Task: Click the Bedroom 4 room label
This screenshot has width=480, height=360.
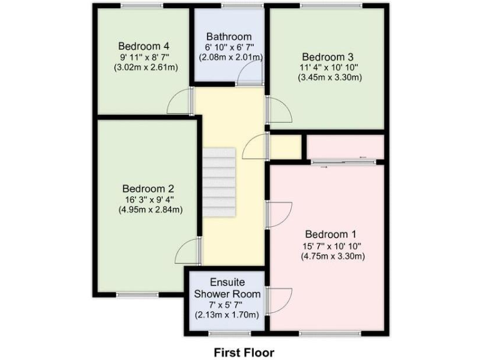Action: pyautogui.click(x=144, y=46)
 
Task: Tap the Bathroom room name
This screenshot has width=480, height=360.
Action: pyautogui.click(x=229, y=36)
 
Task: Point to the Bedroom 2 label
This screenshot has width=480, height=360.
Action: pyautogui.click(x=148, y=188)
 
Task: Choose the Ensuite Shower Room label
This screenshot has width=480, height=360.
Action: pyautogui.click(x=226, y=288)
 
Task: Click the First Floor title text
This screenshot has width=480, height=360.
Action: pyautogui.click(x=244, y=352)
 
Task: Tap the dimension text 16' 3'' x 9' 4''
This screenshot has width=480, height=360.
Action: pyautogui.click(x=149, y=199)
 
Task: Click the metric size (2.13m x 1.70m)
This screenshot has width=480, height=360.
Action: pyautogui.click(x=226, y=315)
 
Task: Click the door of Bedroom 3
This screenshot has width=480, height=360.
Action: pyautogui.click(x=279, y=110)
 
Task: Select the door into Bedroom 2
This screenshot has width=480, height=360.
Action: pyautogui.click(x=187, y=251)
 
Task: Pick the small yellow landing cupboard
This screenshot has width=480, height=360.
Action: pyautogui.click(x=284, y=147)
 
